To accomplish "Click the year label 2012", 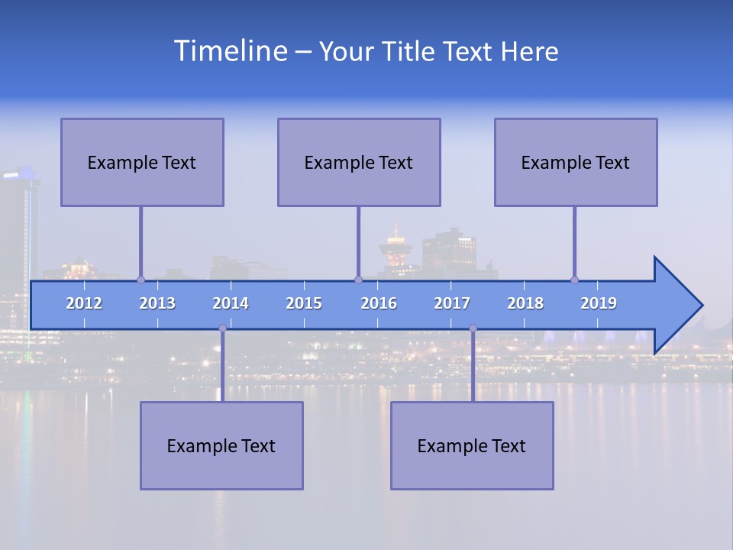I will tap(84, 303).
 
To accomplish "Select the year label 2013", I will tap(157, 303).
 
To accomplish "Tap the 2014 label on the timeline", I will tap(231, 303).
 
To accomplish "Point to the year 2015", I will tap(304, 303).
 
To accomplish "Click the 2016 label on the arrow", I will tap(379, 303).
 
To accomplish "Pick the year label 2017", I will tap(452, 303).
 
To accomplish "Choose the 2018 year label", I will tap(525, 303).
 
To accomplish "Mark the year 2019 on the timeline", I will tap(599, 303).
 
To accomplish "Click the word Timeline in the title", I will tap(230, 51).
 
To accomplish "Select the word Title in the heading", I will tap(409, 52).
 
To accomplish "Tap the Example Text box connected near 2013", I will tap(142, 162).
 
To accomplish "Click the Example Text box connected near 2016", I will tap(359, 162).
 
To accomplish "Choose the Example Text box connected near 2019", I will tap(576, 162).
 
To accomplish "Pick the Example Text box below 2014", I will tap(221, 445).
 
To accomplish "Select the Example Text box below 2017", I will tap(472, 445).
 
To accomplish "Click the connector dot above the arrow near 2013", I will tap(140, 280).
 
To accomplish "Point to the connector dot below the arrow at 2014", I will tap(222, 328).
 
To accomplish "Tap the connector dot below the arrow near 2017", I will tap(473, 328).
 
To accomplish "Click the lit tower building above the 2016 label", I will tap(395, 244).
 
